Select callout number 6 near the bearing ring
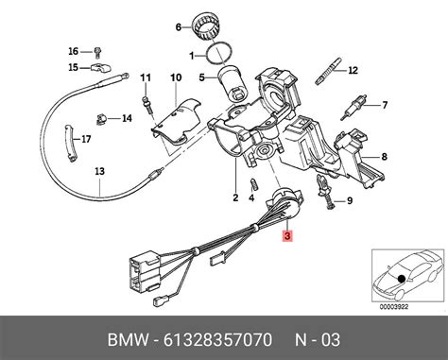(177, 27)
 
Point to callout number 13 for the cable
(98, 173)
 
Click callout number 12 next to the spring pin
(353, 71)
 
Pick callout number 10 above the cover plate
(175, 77)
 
